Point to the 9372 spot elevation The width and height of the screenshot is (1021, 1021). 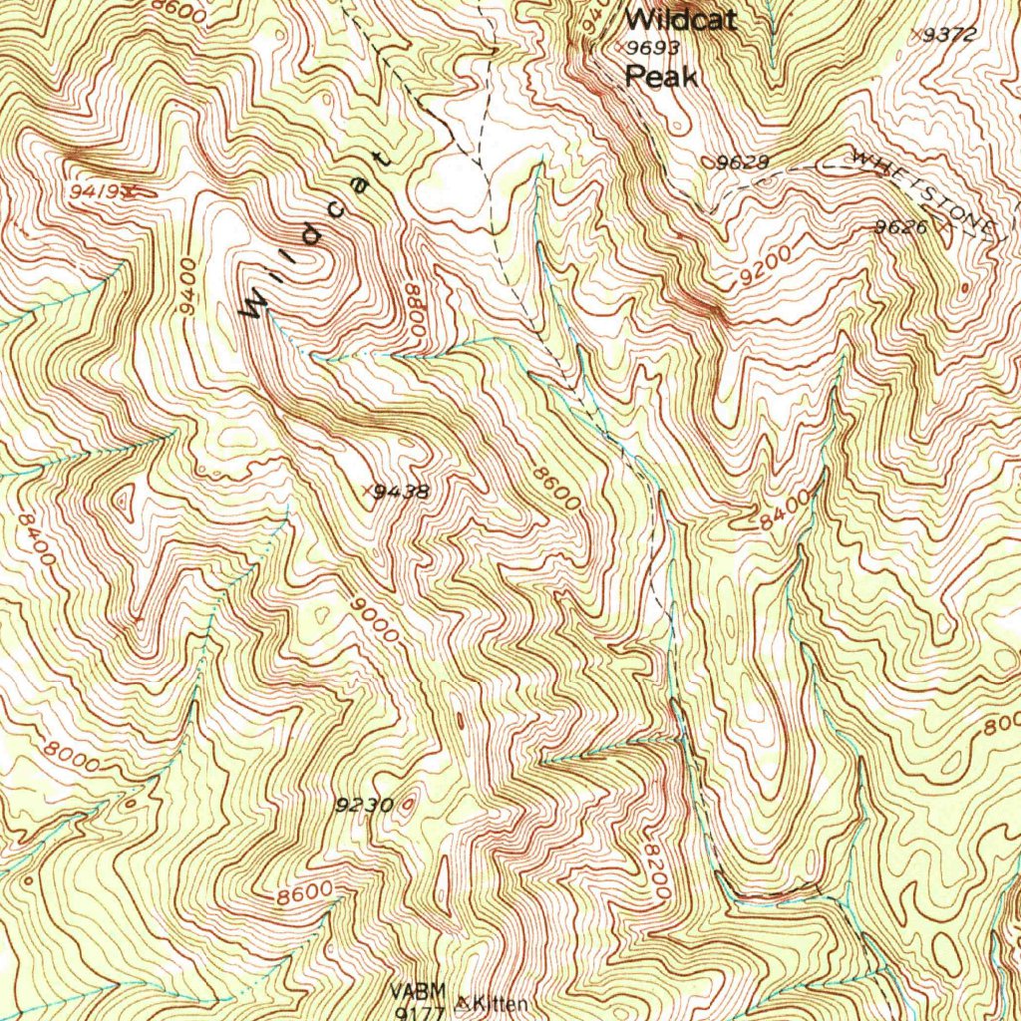948,35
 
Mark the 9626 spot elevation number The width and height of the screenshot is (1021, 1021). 901,227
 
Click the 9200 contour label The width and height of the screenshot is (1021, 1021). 766,267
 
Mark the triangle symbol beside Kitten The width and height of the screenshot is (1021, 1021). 464,1000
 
